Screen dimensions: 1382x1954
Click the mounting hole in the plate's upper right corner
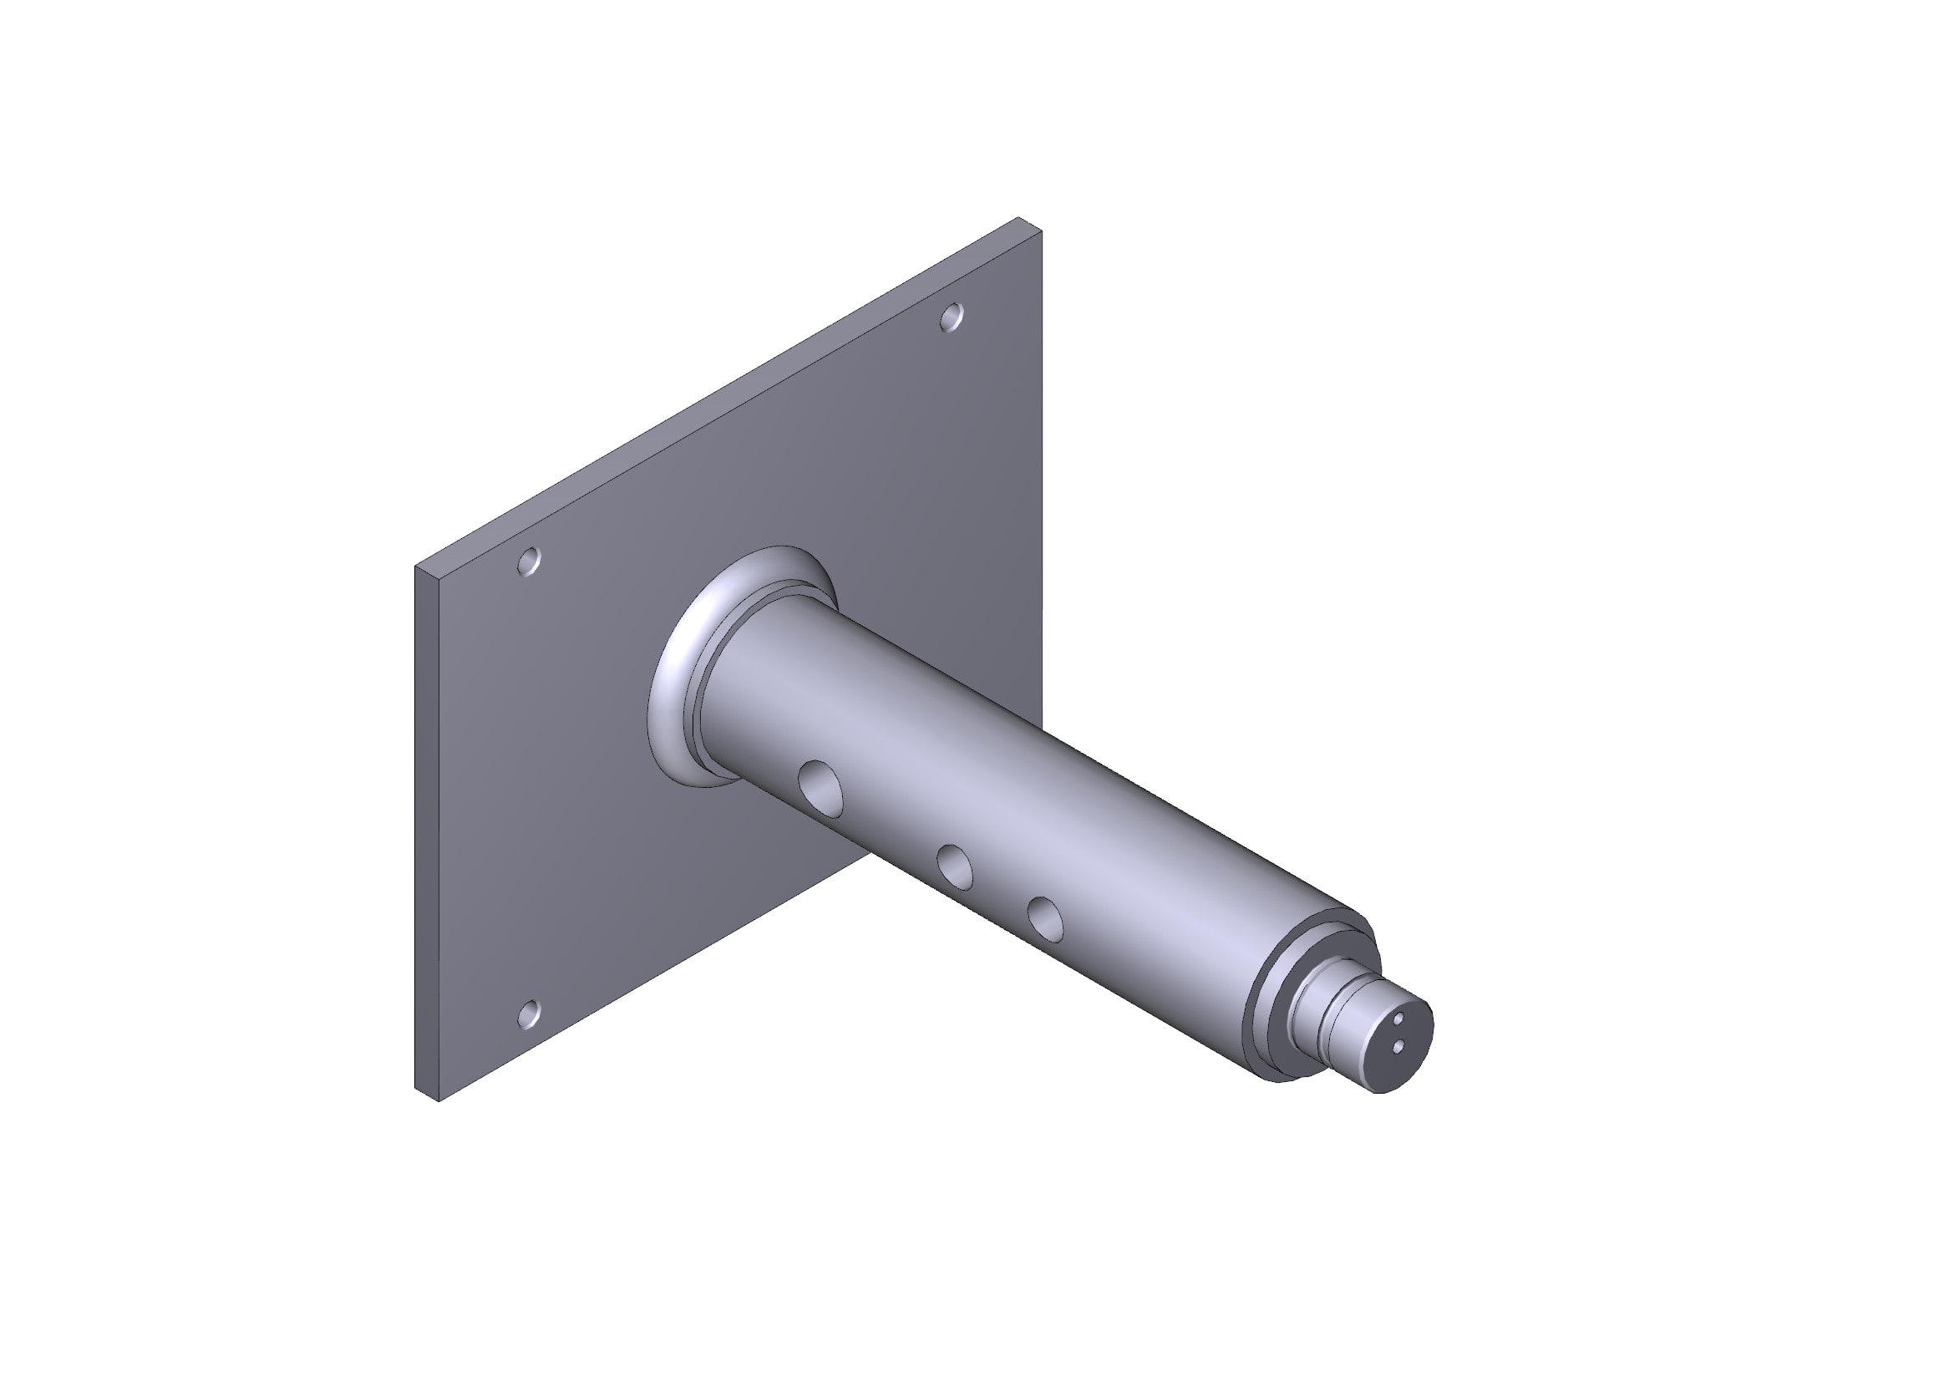[x=952, y=318]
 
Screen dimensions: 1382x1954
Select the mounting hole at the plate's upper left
[x=530, y=561]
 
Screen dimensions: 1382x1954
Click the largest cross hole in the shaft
[x=822, y=785]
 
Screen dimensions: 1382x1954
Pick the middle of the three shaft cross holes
[x=955, y=866]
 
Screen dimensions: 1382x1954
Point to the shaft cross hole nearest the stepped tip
[x=1045, y=919]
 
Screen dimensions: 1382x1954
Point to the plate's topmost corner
[x=1018, y=218]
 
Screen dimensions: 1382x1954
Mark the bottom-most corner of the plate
[x=439, y=1102]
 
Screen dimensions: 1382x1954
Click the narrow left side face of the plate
[x=426, y=834]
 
